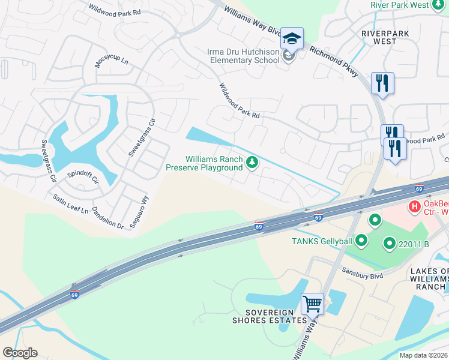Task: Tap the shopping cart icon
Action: tap(313, 304)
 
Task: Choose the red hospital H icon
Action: tap(414, 208)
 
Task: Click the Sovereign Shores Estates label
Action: tap(270, 317)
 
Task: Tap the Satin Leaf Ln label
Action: tap(70, 204)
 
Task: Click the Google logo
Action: tap(20, 353)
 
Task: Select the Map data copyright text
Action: tap(424, 355)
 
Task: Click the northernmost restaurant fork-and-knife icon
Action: tap(382, 83)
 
